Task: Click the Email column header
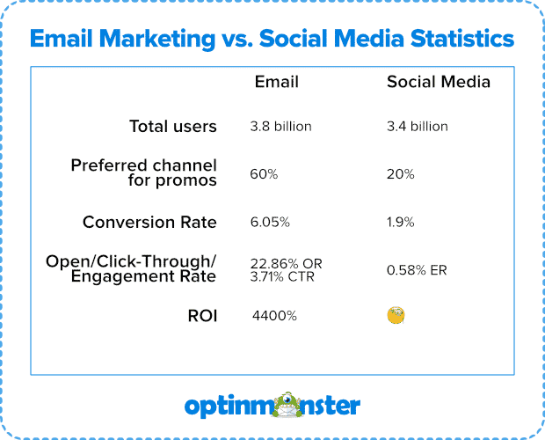277,82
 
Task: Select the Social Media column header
439,82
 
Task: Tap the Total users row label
172,127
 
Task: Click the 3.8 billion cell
280,127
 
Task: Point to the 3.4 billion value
418,127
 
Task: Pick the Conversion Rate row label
149,223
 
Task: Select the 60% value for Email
264,174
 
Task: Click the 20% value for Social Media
400,174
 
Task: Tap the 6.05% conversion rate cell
270,223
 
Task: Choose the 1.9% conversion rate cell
401,223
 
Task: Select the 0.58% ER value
417,270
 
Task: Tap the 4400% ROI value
273,315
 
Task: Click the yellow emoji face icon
396,315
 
